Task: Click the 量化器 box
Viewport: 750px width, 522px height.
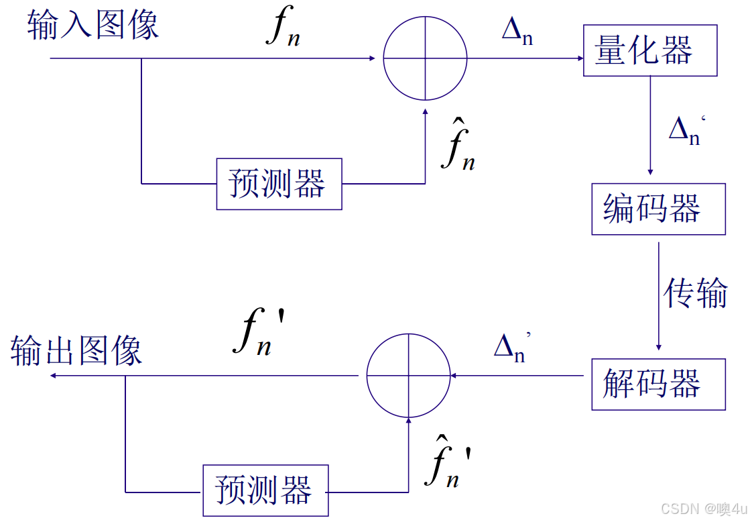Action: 649,51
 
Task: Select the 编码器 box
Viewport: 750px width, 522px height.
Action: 658,209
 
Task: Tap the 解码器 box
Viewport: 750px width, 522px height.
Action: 658,384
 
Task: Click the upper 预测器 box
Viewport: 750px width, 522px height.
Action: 279,184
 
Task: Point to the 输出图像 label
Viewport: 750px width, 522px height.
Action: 76,350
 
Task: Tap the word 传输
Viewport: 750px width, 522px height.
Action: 695,293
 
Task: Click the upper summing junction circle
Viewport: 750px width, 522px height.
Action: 425,58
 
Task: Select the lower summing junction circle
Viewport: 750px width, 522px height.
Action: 408,376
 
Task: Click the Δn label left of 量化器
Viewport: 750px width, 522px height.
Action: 517,31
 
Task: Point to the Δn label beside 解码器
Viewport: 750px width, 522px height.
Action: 511,347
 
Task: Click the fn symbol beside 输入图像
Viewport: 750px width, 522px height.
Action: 282,28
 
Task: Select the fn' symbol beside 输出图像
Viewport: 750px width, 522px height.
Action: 260,332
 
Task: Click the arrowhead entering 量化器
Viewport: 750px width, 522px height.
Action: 580,58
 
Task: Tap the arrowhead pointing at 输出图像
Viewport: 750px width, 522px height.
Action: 54,376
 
